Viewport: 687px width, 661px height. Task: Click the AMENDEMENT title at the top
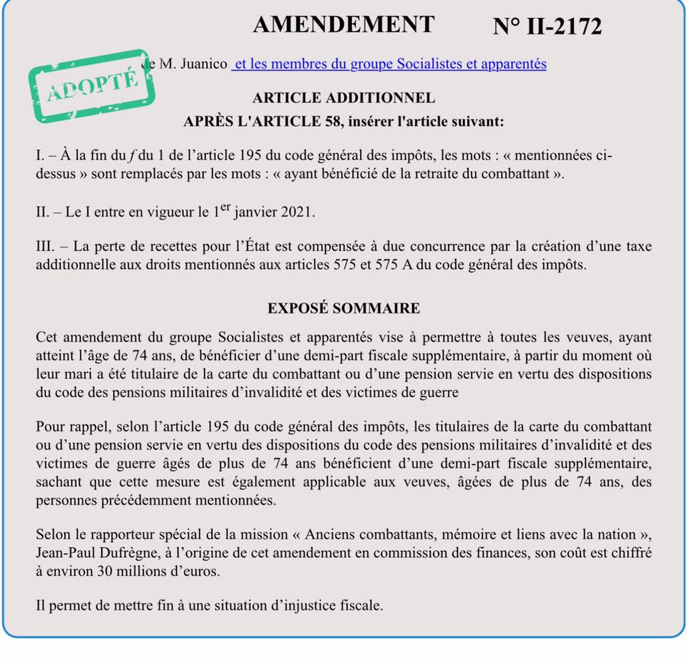[343, 24]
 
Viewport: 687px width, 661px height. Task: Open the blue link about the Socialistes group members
[390, 64]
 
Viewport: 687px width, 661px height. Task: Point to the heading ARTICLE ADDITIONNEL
[343, 98]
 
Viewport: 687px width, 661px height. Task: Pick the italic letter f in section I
[122, 156]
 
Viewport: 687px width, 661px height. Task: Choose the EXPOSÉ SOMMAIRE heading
[343, 308]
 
